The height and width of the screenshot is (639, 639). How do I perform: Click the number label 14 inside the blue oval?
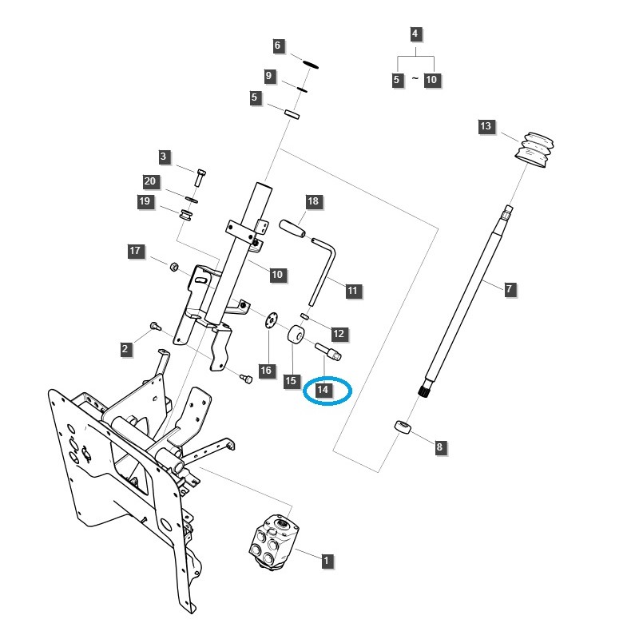click(323, 390)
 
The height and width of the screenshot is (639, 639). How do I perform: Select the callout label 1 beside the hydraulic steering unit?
click(326, 561)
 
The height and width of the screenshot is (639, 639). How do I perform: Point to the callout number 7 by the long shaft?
click(510, 288)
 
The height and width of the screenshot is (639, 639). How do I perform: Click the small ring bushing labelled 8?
click(404, 429)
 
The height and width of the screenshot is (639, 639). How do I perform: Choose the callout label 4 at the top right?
click(415, 34)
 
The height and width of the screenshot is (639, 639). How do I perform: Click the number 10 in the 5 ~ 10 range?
click(432, 80)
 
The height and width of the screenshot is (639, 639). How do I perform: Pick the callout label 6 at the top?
click(278, 46)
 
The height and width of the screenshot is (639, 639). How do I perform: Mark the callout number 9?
click(269, 77)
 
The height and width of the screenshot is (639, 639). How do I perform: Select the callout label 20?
click(150, 181)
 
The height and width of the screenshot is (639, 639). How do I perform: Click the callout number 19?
click(145, 202)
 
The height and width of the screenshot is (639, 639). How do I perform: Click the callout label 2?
click(125, 349)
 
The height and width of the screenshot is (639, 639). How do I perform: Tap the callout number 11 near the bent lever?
click(353, 291)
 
